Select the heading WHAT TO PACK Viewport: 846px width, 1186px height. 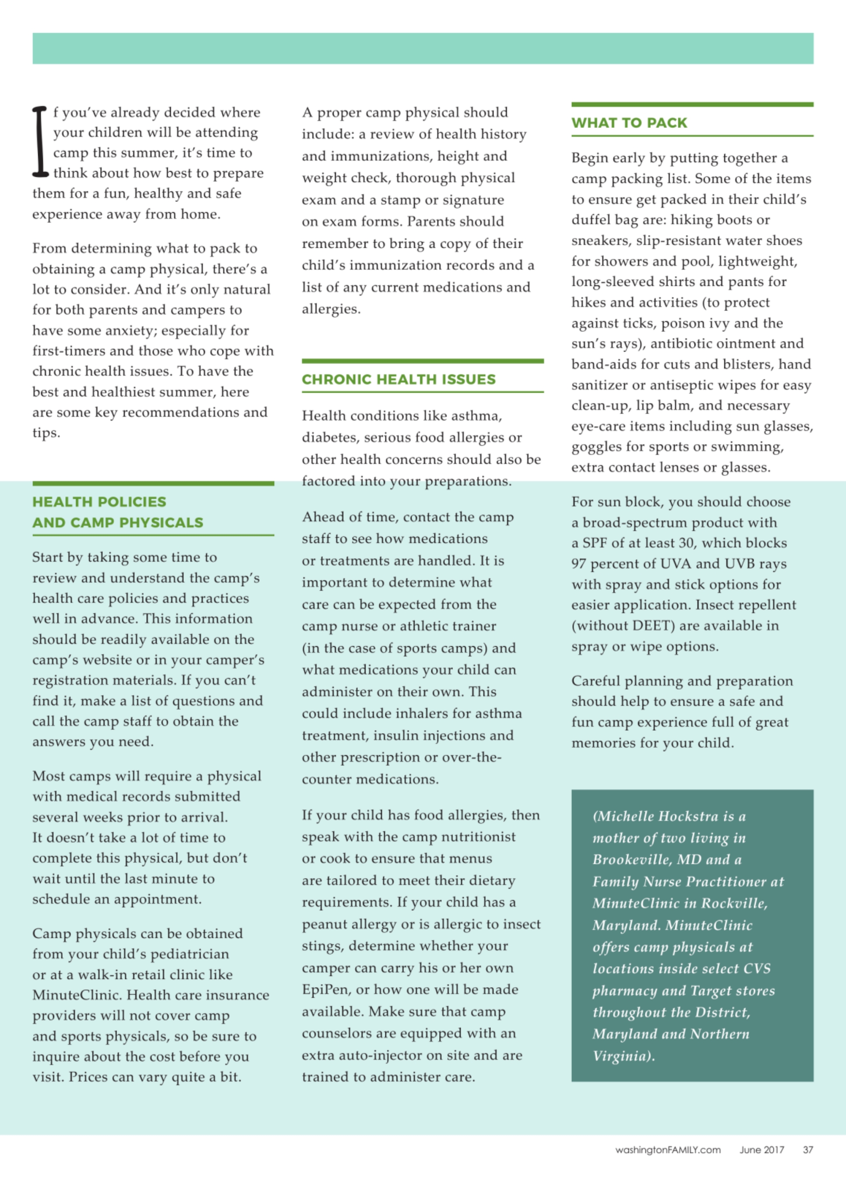(629, 123)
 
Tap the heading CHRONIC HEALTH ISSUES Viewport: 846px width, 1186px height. (398, 379)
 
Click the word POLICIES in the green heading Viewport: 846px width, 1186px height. (132, 502)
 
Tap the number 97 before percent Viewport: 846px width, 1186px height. (578, 563)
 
